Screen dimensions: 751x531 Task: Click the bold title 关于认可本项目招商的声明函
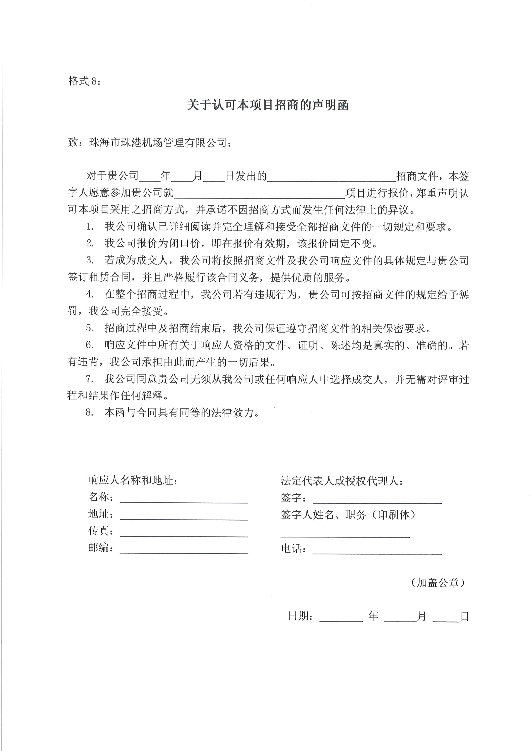(x=267, y=105)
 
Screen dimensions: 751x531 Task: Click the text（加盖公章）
(x=437, y=582)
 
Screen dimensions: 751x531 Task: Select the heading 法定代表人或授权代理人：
(x=342, y=481)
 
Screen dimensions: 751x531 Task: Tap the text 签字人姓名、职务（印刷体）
(x=348, y=515)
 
